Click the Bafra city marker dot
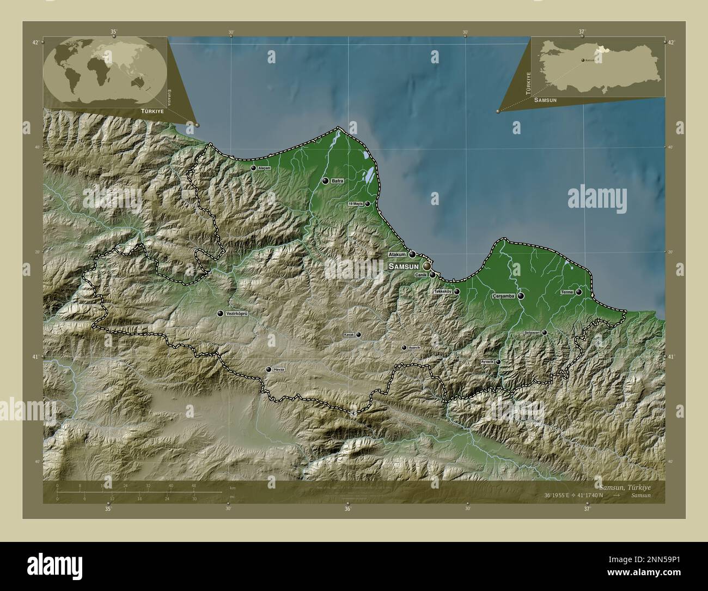click(325, 181)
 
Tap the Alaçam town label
click(264, 168)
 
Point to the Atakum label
click(398, 255)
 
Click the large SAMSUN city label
click(404, 267)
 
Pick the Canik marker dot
click(432, 275)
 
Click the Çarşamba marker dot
click(521, 296)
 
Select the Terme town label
click(567, 293)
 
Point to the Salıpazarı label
click(532, 332)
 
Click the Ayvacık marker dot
click(498, 361)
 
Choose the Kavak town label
click(349, 335)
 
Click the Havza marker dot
click(268, 369)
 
